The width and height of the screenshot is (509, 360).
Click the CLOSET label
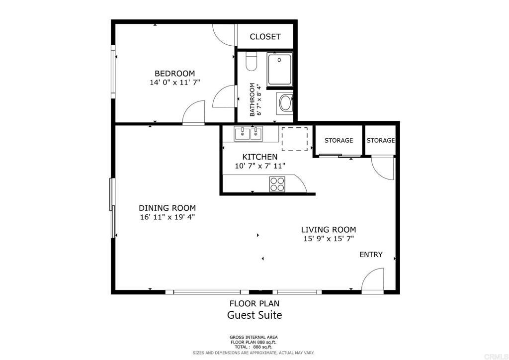(x=265, y=37)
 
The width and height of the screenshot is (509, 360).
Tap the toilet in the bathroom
(x=251, y=61)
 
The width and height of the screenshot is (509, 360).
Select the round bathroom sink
(x=286, y=103)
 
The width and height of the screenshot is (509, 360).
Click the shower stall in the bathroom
(x=280, y=69)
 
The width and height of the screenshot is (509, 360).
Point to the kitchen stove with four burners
(x=277, y=184)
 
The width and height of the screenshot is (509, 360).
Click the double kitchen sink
(x=249, y=134)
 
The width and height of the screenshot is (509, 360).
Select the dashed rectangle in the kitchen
(x=294, y=139)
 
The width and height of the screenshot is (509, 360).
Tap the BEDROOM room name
(x=174, y=74)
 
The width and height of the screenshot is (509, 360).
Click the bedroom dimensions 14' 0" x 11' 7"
(x=174, y=83)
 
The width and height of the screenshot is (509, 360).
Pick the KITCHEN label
(x=260, y=157)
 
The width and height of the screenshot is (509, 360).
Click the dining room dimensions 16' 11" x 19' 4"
(x=167, y=217)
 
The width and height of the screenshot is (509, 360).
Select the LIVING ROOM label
(x=329, y=230)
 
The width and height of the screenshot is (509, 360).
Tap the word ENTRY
(x=371, y=255)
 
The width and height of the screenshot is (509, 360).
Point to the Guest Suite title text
(x=254, y=315)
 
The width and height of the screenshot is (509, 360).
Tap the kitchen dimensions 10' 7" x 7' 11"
(x=260, y=166)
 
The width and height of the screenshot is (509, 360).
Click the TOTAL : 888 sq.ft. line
(x=254, y=347)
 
